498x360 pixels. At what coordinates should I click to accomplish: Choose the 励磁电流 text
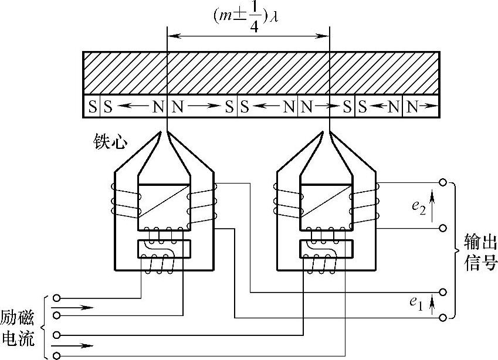point(18,328)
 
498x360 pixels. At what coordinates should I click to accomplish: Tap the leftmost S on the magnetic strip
point(92,107)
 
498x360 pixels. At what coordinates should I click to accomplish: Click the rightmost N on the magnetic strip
point(413,107)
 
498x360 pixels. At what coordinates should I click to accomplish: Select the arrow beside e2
point(432,206)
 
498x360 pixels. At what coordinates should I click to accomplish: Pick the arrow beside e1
point(432,303)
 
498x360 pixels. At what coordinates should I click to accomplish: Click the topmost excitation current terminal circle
point(56,298)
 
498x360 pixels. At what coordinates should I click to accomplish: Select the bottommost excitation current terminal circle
point(56,355)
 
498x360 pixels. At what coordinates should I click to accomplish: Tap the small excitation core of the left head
point(164,249)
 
